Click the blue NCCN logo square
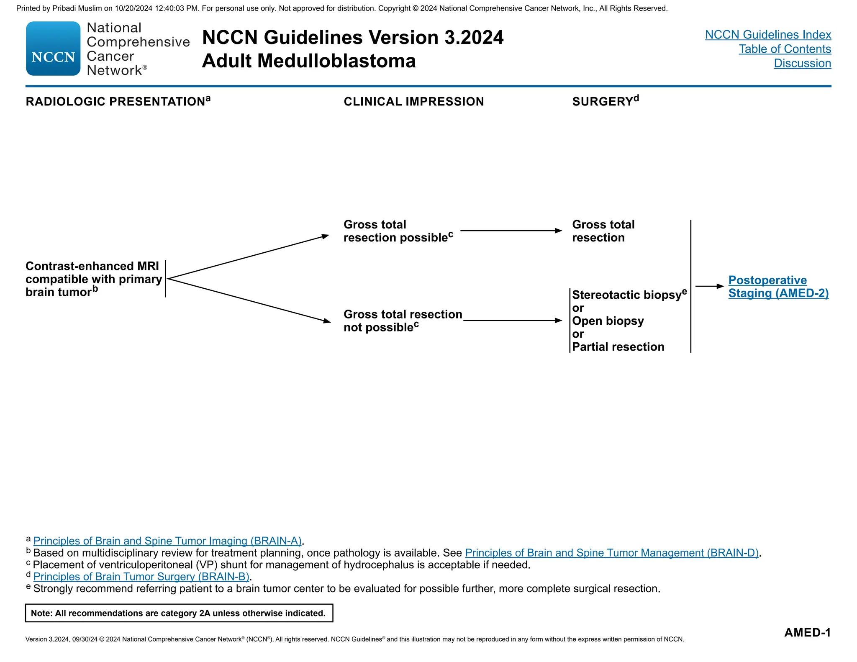53,49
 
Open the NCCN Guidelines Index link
768,35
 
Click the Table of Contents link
785,49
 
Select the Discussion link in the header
802,63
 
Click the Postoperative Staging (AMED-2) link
778,287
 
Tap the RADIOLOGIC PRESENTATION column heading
115,102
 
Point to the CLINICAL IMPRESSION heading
413,102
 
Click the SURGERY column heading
603,102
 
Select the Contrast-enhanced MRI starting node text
93,279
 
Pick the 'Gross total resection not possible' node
403,321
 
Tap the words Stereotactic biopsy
626,295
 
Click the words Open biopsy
608,321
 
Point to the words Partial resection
618,347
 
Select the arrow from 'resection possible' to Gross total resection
511,231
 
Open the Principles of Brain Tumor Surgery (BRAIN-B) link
141,577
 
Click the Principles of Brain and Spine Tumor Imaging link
167,541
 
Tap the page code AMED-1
807,632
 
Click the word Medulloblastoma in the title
336,61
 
